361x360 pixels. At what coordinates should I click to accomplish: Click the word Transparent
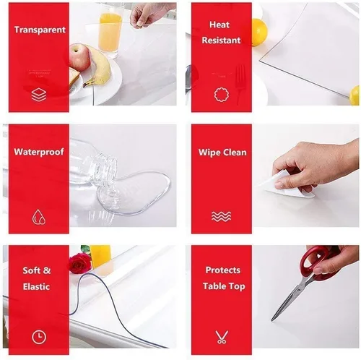40,30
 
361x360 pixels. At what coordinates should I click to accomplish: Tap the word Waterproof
39,152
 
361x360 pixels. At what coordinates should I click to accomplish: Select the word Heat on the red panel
219,25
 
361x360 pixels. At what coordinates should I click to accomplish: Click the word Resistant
221,40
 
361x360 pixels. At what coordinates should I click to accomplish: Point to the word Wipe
209,153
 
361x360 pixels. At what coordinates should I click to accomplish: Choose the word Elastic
36,286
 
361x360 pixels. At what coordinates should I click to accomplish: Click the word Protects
223,270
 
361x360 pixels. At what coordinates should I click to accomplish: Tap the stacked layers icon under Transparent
39,95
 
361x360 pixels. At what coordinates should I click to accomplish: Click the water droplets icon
39,217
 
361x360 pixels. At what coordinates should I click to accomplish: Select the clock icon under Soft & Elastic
39,337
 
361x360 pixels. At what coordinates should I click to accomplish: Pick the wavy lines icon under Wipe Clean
221,216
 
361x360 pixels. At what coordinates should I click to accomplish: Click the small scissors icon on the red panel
222,337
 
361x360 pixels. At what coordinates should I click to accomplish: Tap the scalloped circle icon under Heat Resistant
222,95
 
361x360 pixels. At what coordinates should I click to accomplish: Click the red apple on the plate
79,57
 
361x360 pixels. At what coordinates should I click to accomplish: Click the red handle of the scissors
316,262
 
